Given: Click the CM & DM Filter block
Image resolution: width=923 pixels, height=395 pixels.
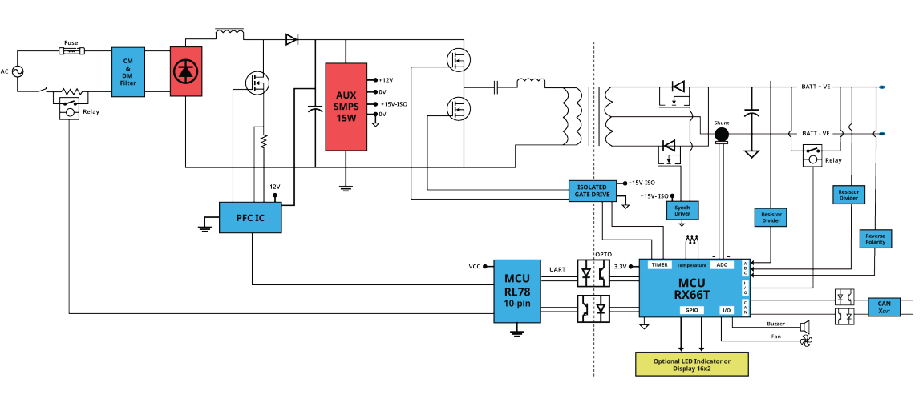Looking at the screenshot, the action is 128,72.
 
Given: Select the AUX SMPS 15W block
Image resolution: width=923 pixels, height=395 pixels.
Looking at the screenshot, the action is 346,107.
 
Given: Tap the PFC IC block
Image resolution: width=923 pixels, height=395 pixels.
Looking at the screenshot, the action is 250,217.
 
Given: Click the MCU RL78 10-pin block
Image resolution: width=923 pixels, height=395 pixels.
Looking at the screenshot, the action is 517,290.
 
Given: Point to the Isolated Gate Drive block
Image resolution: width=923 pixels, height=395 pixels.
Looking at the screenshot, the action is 592,191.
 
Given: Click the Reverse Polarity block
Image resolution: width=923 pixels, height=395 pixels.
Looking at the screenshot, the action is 876,239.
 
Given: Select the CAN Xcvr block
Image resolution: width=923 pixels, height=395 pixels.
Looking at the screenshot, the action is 885,307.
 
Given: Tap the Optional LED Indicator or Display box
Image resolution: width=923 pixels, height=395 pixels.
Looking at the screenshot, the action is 692,364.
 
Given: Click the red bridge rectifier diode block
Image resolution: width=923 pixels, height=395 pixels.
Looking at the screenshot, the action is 186,71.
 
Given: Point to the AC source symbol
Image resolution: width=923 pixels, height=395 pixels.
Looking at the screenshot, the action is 15,71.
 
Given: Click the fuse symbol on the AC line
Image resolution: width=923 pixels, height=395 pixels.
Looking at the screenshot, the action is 71,52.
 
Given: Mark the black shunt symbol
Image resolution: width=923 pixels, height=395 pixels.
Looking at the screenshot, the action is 721,135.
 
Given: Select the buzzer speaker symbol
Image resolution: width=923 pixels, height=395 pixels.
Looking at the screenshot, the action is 804,324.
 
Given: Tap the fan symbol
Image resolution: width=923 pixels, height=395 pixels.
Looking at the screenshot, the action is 805,341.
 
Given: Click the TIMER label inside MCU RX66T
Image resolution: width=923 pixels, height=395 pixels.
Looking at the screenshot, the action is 660,265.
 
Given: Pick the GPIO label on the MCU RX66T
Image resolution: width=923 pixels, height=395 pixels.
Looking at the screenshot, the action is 691,310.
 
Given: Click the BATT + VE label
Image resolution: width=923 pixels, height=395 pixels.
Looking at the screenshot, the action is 816,87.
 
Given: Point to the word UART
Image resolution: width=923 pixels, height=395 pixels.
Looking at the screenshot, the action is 558,269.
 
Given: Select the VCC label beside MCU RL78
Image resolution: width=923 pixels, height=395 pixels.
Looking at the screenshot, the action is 475,266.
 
